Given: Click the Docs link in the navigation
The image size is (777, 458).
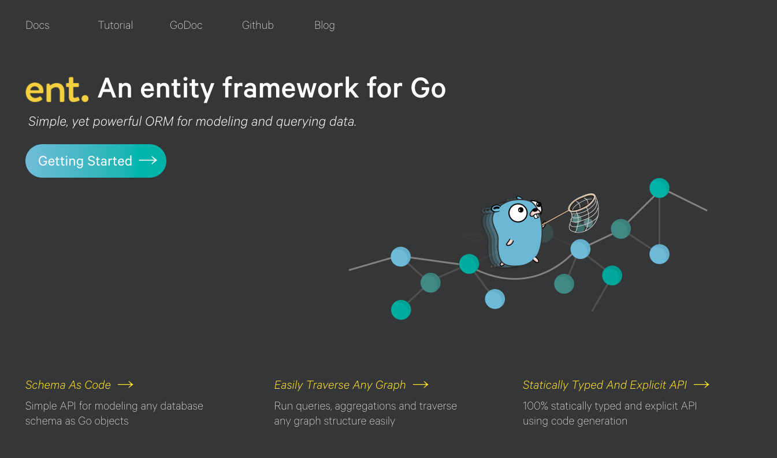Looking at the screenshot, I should (x=38, y=25).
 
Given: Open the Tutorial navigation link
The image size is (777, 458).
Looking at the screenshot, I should (x=116, y=25).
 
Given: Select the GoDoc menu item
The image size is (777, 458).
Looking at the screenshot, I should (x=186, y=25).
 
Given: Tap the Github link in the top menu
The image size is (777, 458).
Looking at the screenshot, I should (x=258, y=25).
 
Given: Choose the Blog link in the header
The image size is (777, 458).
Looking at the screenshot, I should (x=325, y=25).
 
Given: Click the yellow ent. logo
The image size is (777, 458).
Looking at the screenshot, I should (x=57, y=90).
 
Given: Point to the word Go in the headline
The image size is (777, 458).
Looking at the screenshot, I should (x=428, y=88).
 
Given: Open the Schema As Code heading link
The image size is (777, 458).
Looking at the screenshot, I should (x=68, y=385).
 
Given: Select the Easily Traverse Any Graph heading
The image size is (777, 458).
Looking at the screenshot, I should (x=340, y=385).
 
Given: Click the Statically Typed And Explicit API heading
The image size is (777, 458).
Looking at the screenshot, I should (x=604, y=385).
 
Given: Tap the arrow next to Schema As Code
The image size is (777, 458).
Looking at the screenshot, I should (x=125, y=384).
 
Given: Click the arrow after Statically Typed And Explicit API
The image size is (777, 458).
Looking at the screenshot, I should (x=701, y=384).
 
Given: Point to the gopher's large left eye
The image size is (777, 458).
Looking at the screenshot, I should (x=518, y=212).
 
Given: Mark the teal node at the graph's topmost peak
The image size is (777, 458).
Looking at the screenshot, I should (x=659, y=188).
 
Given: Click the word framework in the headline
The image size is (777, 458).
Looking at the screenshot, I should (x=291, y=88).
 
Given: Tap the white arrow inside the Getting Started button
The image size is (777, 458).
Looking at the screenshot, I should (x=148, y=160).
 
